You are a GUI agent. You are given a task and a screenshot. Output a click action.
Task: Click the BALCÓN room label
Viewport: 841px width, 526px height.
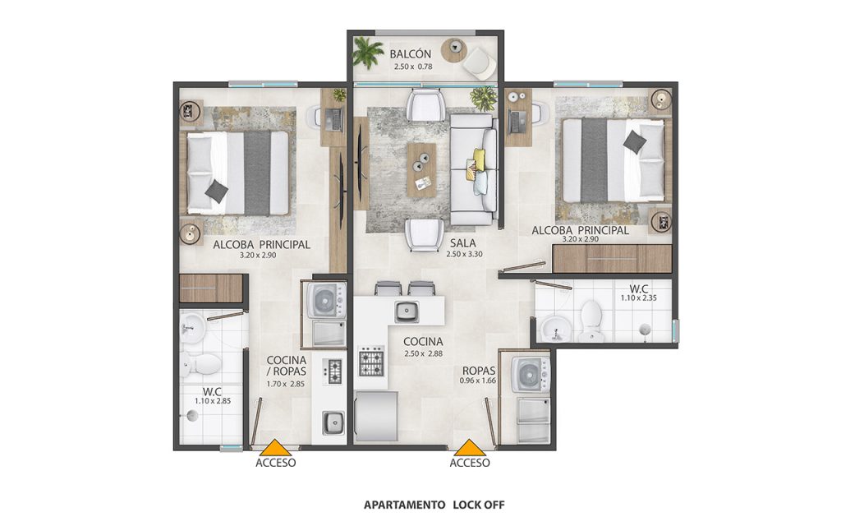pyautogui.click(x=411, y=54)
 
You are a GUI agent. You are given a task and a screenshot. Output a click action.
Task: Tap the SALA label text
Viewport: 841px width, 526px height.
pyautogui.click(x=463, y=243)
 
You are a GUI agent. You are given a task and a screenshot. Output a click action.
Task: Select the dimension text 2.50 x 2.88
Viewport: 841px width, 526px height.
pyautogui.click(x=423, y=353)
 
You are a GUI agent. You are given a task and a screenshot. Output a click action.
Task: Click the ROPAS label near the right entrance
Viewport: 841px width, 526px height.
pyautogui.click(x=479, y=371)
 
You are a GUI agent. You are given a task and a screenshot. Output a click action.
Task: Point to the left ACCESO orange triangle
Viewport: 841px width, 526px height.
pyautogui.click(x=275, y=448)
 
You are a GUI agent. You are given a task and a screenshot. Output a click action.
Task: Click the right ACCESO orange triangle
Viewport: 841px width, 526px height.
pyautogui.click(x=469, y=448)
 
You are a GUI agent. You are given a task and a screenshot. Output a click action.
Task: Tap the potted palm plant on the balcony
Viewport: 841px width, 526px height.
pyautogui.click(x=368, y=52)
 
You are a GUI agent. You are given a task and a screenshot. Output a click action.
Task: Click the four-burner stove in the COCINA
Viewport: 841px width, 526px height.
pyautogui.click(x=372, y=361)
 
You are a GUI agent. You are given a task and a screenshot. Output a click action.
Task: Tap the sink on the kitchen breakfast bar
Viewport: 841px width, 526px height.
pyautogui.click(x=407, y=311)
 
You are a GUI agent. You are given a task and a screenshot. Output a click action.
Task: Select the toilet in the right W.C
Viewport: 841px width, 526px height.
pyautogui.click(x=591, y=321)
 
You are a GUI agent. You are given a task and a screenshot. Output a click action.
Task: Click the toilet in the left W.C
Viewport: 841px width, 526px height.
pyautogui.click(x=200, y=364)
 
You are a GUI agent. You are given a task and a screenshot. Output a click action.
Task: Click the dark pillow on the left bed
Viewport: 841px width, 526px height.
pyautogui.click(x=217, y=191)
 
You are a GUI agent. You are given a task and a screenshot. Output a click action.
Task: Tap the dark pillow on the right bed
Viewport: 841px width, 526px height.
pyautogui.click(x=635, y=141)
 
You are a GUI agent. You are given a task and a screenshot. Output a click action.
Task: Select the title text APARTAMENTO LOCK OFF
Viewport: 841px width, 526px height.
pyautogui.click(x=434, y=505)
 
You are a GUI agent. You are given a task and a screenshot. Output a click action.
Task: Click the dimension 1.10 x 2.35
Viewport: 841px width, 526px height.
pyautogui.click(x=639, y=298)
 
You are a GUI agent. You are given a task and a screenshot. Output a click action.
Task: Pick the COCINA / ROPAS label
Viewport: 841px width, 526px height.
pyautogui.click(x=287, y=366)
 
